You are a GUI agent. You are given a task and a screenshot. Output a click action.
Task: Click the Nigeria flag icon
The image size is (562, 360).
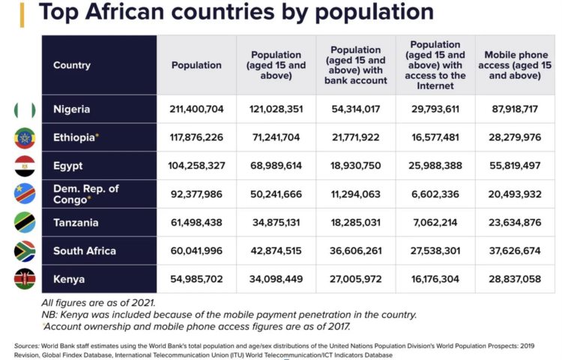click(x=25, y=109)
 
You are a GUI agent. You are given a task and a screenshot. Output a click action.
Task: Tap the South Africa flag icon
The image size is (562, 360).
click(x=25, y=250)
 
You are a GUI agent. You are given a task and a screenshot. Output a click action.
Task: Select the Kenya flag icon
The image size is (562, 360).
click(x=25, y=279)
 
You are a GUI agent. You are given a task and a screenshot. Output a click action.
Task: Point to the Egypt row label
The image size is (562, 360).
click(x=68, y=166)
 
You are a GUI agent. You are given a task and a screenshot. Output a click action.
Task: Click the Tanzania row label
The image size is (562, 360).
click(x=76, y=223)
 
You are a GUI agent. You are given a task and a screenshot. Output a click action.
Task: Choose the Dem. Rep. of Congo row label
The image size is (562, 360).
click(x=86, y=193)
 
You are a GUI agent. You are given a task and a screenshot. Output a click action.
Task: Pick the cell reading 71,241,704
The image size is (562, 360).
click(x=277, y=138)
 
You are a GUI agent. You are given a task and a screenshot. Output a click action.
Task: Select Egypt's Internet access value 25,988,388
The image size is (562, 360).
click(x=435, y=166)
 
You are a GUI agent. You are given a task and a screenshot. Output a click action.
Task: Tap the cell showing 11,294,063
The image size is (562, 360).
click(x=356, y=194)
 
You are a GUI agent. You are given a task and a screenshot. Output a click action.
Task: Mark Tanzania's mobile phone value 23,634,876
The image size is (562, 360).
click(x=515, y=223)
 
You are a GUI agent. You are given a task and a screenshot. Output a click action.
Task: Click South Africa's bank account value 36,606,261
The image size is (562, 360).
click(x=356, y=251)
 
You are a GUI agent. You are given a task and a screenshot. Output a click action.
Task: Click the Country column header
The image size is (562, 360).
click(x=72, y=65)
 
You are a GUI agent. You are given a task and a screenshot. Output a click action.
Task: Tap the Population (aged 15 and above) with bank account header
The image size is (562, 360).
click(x=356, y=65)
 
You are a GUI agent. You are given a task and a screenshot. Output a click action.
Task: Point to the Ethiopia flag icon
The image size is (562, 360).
click(x=25, y=138)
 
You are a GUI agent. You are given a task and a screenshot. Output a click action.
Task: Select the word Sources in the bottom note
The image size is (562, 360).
click(x=26, y=346)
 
